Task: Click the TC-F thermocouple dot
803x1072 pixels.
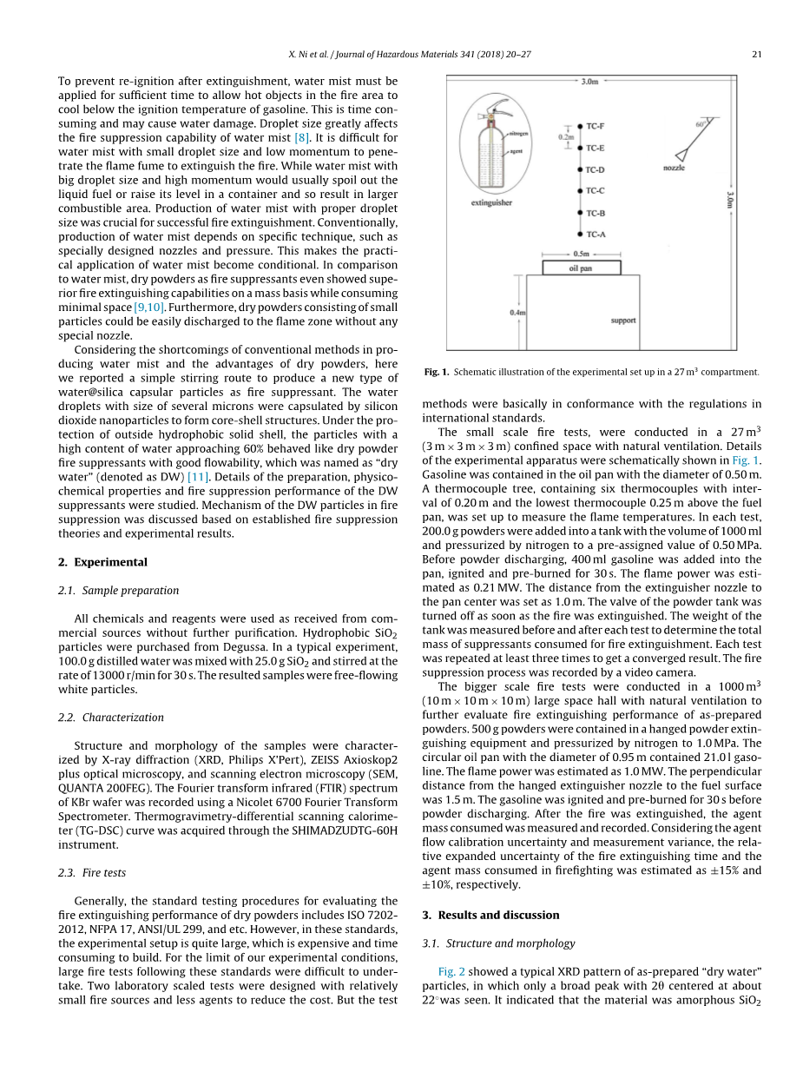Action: click(x=579, y=127)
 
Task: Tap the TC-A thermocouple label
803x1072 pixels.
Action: click(x=596, y=234)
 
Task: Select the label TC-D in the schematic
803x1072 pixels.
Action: click(x=596, y=170)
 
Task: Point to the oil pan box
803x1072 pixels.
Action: click(x=581, y=268)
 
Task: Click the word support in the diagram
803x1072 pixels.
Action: click(x=622, y=321)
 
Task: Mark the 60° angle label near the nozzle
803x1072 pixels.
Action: click(x=700, y=124)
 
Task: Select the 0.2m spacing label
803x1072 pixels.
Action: click(x=566, y=136)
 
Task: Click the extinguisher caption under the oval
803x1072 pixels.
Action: click(x=491, y=203)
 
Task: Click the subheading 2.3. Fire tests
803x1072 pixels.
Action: click(x=103, y=873)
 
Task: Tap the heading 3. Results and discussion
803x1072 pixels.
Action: click(x=490, y=915)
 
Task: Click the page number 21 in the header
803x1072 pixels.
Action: click(x=756, y=55)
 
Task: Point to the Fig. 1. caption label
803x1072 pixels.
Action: click(x=436, y=372)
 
